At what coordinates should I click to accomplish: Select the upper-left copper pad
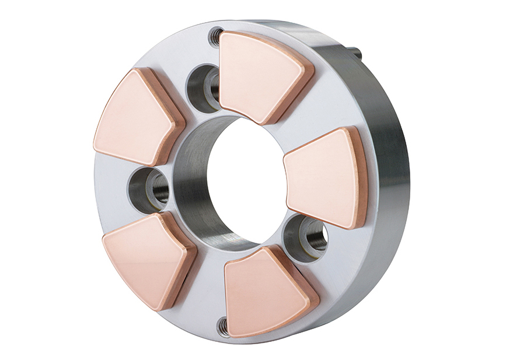click(135, 117)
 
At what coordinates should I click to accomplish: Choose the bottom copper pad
click(266, 290)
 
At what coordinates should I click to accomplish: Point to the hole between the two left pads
click(148, 189)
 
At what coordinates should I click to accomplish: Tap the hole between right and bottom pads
click(304, 236)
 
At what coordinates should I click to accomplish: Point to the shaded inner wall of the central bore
click(196, 187)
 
